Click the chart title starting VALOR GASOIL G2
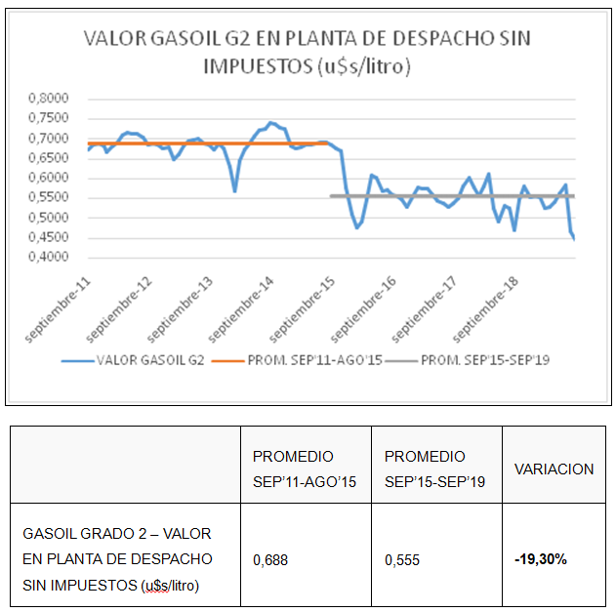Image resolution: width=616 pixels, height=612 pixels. [x=307, y=53]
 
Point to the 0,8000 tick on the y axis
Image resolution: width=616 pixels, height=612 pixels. [x=49, y=99]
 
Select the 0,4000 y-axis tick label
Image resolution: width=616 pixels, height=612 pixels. [x=49, y=258]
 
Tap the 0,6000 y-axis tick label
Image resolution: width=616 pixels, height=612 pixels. [x=49, y=179]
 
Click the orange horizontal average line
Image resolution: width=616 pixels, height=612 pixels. [x=195, y=143]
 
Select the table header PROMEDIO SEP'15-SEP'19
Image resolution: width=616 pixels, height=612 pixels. [x=432, y=468]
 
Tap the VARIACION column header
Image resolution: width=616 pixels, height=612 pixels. [x=554, y=469]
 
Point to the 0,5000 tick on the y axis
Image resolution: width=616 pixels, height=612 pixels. [x=49, y=218]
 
